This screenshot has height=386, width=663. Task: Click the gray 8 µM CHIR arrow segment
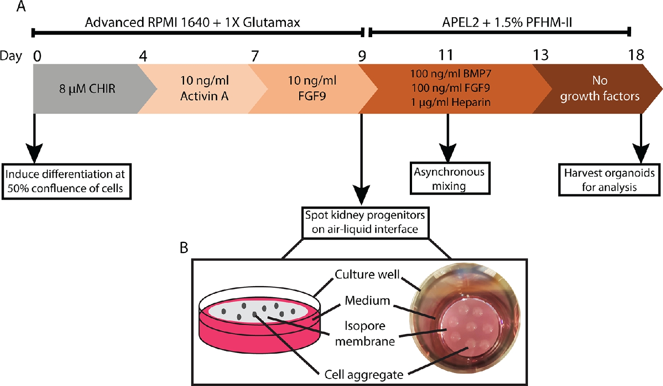(x=87, y=89)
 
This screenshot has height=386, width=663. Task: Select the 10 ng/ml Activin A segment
(x=204, y=88)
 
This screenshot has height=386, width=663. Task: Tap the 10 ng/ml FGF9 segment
(x=312, y=88)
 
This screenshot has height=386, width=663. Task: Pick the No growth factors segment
(x=600, y=88)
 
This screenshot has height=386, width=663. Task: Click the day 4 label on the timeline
(x=143, y=56)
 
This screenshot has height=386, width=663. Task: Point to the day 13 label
(x=540, y=55)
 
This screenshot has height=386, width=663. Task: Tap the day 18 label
(x=636, y=55)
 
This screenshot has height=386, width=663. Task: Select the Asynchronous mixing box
(x=450, y=178)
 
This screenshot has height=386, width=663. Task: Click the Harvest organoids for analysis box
(x=609, y=180)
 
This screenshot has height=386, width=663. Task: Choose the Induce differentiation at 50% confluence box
(x=66, y=181)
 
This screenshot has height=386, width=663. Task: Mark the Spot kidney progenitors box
(x=365, y=222)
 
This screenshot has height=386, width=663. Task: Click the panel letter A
(x=21, y=7)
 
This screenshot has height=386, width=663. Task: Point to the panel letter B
(x=184, y=248)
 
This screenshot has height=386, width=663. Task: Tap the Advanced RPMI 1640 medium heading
(x=193, y=23)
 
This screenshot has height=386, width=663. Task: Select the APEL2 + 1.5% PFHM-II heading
(x=507, y=23)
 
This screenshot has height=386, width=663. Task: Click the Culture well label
(x=367, y=274)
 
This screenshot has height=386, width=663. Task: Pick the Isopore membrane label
(x=365, y=333)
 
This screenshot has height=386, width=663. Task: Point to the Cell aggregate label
(x=364, y=374)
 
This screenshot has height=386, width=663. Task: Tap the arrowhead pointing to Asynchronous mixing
(x=448, y=153)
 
